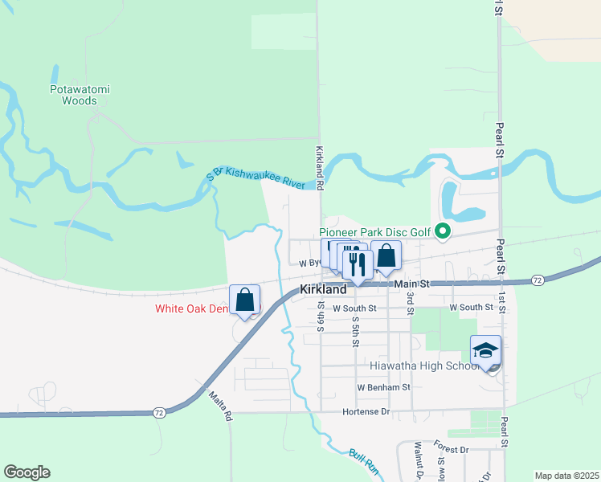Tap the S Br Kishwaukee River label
coord(256,178)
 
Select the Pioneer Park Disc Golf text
coord(375,232)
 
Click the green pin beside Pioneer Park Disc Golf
coord(441,231)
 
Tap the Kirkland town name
coord(323,289)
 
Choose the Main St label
coord(413,284)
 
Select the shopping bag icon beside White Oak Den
coord(245,300)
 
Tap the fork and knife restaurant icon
coord(357,263)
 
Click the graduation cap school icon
coord(485,350)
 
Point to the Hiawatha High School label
coord(424,366)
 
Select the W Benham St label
coord(384,387)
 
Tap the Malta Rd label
coord(220,406)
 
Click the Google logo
coord(27,472)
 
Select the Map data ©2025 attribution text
coord(566,476)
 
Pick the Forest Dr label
coord(451,450)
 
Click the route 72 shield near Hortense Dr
coord(159,412)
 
